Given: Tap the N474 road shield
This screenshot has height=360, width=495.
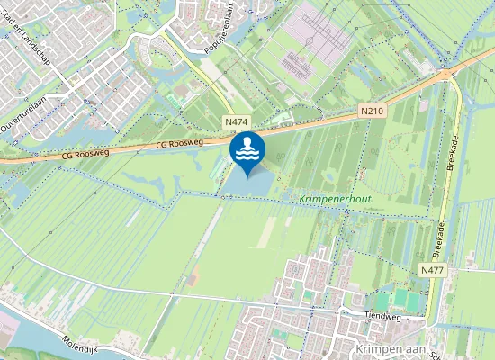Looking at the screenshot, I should (236, 121).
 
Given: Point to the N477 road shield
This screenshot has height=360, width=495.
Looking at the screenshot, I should (432, 269).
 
